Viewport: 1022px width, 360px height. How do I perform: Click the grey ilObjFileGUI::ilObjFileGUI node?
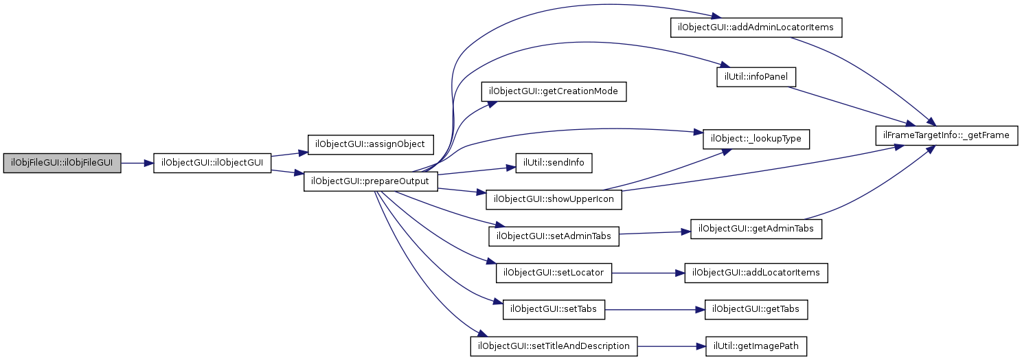pos(62,164)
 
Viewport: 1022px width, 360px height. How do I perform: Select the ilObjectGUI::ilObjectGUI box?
pos(212,164)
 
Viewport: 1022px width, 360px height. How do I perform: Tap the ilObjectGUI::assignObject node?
pos(370,145)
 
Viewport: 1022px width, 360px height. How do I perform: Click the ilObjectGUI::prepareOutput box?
pos(371,181)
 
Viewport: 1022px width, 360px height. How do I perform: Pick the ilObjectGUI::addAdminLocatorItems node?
pos(756,27)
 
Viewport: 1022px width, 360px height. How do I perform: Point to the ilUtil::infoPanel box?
pos(756,76)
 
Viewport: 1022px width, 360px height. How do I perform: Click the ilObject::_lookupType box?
pos(756,139)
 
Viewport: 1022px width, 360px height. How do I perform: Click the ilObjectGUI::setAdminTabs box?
pos(554,236)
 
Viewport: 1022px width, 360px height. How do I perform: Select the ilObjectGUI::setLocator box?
pos(554,273)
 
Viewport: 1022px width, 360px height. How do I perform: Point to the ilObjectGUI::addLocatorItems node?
pos(756,273)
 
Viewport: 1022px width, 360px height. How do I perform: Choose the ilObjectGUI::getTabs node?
pos(756,309)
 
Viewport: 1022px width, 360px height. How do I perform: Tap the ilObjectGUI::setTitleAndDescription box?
pos(554,346)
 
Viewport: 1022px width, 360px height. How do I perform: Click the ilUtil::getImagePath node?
pos(756,346)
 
